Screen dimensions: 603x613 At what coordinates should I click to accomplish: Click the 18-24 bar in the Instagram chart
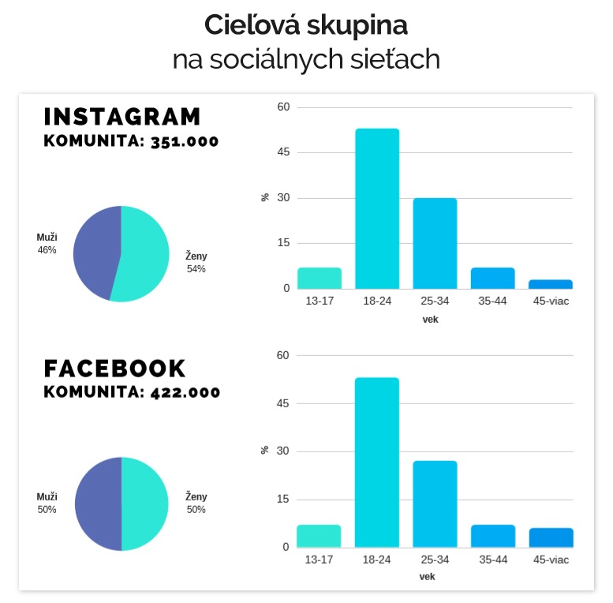[x=377, y=208]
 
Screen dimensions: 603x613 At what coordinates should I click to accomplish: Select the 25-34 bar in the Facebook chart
[x=435, y=504]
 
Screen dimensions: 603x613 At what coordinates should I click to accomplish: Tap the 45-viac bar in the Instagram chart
[x=551, y=284]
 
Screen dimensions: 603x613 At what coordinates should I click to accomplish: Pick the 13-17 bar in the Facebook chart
[x=319, y=536]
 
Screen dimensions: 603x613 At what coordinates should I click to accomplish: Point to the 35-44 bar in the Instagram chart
[x=493, y=278]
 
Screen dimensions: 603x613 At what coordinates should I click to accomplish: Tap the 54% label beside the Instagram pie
[x=196, y=269]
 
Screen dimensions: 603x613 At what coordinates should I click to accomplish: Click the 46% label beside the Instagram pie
[x=47, y=250]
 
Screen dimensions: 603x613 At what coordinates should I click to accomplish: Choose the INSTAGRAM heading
[x=122, y=117]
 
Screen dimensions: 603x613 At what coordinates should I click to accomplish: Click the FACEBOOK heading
[x=115, y=369]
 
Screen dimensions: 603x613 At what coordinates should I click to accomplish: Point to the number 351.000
[x=185, y=142]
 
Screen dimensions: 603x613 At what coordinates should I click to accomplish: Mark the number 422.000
[x=185, y=392]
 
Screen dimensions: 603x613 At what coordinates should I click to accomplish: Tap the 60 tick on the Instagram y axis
[x=284, y=107]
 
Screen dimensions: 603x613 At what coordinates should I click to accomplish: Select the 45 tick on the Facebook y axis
[x=284, y=403]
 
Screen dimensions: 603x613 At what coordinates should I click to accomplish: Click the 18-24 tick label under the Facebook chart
[x=377, y=560]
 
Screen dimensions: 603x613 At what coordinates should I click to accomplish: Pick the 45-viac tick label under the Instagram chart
[x=551, y=301]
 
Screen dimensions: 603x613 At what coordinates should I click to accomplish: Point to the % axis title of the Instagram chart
[x=265, y=197]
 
